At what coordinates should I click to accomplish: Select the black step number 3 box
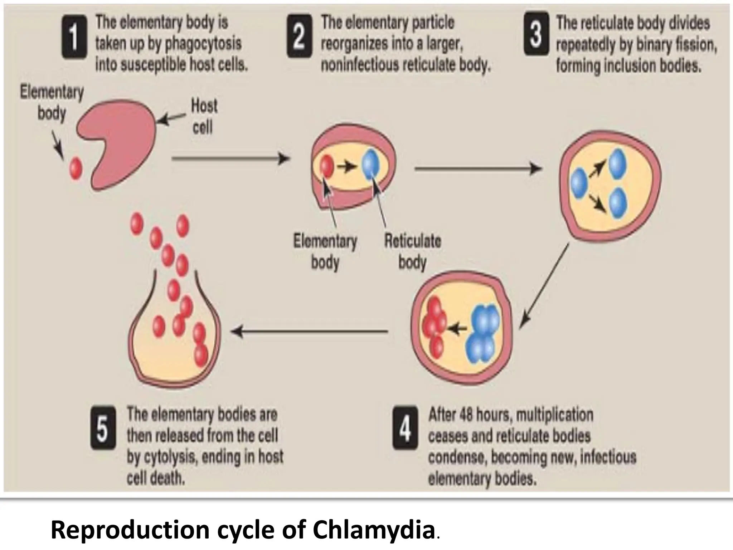click(x=536, y=34)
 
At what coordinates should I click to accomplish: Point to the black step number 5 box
click(x=103, y=429)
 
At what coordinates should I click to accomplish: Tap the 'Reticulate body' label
click(x=412, y=251)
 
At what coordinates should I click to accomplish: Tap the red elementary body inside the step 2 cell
click(x=327, y=167)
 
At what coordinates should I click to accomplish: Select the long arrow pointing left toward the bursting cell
click(x=310, y=332)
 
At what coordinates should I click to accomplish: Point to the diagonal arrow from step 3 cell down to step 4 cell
click(x=544, y=286)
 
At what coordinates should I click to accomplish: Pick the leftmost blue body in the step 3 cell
click(x=578, y=183)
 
